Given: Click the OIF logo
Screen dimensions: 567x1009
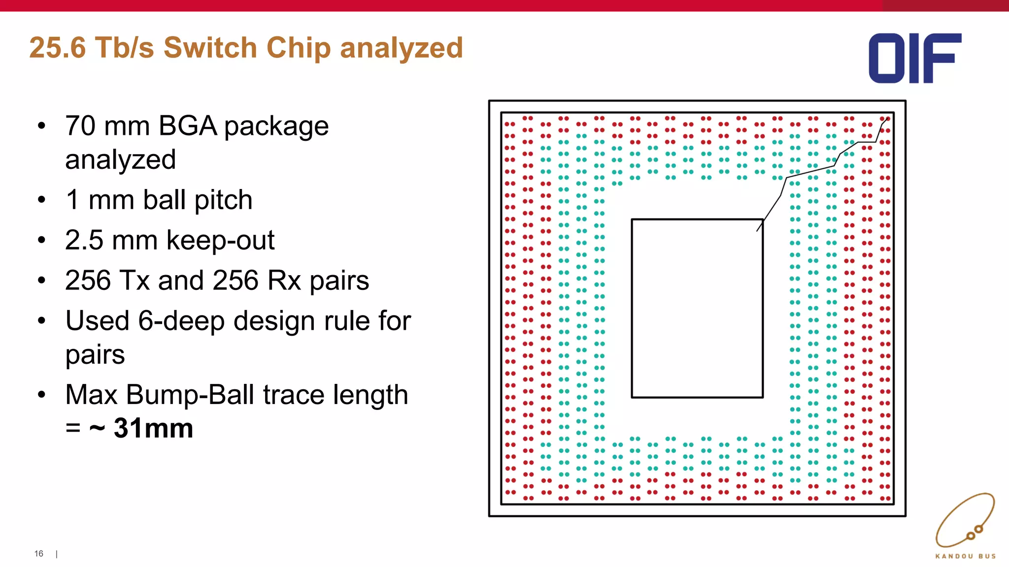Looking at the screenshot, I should pyautogui.click(x=914, y=58).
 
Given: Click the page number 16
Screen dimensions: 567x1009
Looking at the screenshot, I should pyautogui.click(x=39, y=554).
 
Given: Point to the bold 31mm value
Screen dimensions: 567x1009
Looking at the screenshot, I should pyautogui.click(x=153, y=428).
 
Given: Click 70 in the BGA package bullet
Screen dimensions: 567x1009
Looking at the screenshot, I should pyautogui.click(x=80, y=126).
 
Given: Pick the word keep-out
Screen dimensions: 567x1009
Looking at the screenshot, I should pyautogui.click(x=220, y=241).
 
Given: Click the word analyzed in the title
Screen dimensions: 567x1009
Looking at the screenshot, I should pyautogui.click(x=401, y=49).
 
